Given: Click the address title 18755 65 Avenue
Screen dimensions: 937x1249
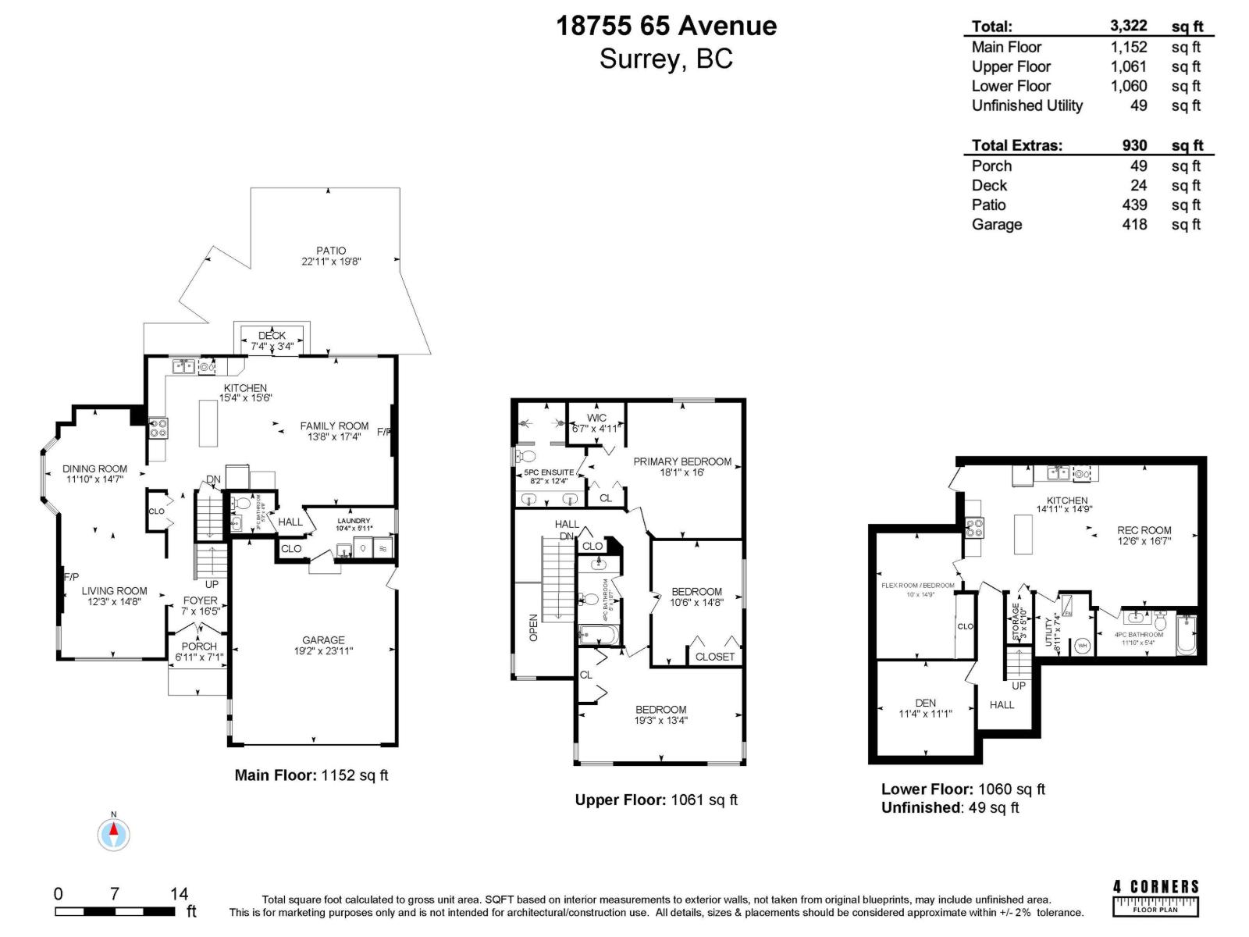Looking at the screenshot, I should coord(666,26).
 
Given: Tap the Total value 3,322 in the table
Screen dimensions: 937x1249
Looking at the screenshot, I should coord(1128,26).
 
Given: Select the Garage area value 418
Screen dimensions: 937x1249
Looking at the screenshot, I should coord(1134,224).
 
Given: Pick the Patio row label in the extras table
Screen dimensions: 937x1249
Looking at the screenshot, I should coord(988,205).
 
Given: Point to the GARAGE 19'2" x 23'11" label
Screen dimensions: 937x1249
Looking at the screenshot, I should coord(323,645).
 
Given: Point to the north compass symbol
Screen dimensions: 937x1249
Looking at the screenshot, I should coord(114,834).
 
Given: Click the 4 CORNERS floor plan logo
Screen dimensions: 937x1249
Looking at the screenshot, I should coord(1155,897).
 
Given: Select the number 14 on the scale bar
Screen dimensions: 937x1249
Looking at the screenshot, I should coord(179,894).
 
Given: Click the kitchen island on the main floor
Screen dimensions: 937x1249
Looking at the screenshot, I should coord(208,422).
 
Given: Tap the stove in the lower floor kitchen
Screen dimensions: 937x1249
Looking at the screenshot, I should coord(973,528).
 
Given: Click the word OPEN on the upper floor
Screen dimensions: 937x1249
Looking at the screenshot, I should coord(534,628).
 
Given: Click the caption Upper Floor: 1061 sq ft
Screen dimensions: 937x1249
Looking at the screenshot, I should coord(656,800).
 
